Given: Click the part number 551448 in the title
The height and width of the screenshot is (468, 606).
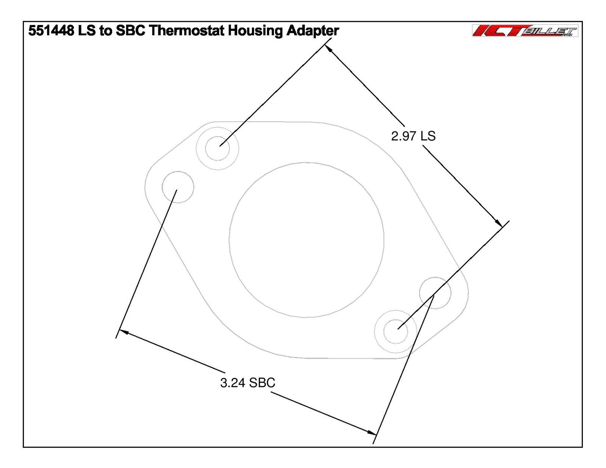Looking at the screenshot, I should tap(51, 31).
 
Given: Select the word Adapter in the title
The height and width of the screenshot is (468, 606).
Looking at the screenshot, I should tap(312, 31).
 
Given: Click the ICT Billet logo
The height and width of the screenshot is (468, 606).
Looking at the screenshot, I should tap(525, 31).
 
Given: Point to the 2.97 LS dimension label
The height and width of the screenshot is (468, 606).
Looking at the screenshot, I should tap(413, 136).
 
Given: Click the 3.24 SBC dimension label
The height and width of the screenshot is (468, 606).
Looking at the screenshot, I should tap(248, 383).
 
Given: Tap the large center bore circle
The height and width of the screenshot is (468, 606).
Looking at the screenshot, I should tap(306, 240).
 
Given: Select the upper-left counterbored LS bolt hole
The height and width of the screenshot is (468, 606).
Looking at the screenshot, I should tap(217, 148).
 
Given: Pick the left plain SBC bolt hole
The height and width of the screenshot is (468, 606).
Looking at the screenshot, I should tap(178, 187).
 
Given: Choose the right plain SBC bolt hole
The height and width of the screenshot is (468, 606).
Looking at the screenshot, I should tap(435, 293).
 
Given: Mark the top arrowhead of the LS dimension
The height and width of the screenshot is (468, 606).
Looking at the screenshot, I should tap(329, 49).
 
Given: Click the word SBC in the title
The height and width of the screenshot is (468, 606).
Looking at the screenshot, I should tap(130, 31).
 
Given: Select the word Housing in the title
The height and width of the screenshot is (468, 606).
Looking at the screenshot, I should tap(256, 31).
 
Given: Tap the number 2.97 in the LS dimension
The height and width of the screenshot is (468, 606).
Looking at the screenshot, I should tap(403, 136).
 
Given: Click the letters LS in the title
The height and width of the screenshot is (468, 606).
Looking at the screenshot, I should tap(87, 31).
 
